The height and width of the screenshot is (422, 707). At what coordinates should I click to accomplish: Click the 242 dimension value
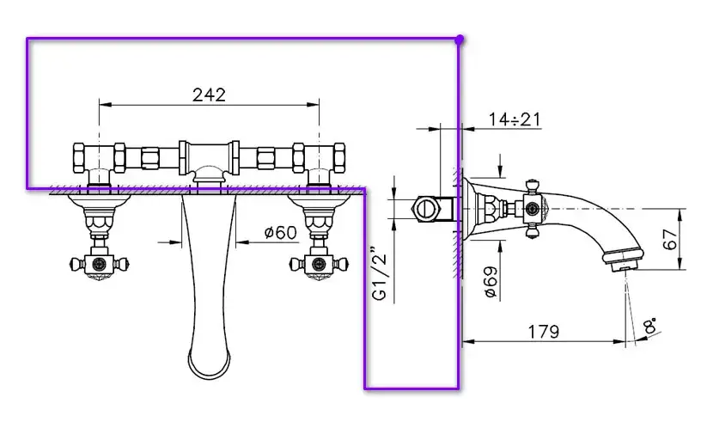[x=209, y=95]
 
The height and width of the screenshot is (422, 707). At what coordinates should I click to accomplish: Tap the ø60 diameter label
[x=280, y=232]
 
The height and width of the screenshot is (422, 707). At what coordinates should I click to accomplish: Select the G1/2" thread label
[x=380, y=273]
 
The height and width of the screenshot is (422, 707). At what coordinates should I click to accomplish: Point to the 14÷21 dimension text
[x=515, y=119]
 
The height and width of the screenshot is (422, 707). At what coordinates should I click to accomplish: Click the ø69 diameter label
[x=491, y=282]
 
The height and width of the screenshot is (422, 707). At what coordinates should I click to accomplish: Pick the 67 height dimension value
[x=670, y=239]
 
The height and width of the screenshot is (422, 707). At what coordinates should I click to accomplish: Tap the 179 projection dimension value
[x=543, y=332]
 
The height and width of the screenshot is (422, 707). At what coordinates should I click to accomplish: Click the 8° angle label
[x=650, y=325]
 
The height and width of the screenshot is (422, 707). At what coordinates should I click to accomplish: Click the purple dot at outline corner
[x=459, y=40]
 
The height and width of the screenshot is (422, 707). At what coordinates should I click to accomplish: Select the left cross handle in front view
[x=100, y=263]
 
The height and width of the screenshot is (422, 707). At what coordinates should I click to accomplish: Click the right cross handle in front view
[x=320, y=263]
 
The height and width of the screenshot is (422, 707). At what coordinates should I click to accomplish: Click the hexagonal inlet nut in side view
[x=424, y=209]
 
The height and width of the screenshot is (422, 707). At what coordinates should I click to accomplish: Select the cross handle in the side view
[x=532, y=209]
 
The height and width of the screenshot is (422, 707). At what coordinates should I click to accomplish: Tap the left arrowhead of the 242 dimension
[x=105, y=105]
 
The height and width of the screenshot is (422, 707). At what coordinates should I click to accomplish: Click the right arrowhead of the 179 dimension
[x=620, y=342]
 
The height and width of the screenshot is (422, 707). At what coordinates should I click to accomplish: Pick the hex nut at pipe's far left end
[x=78, y=157]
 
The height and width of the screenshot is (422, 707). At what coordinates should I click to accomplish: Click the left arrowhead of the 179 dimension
[x=469, y=342]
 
